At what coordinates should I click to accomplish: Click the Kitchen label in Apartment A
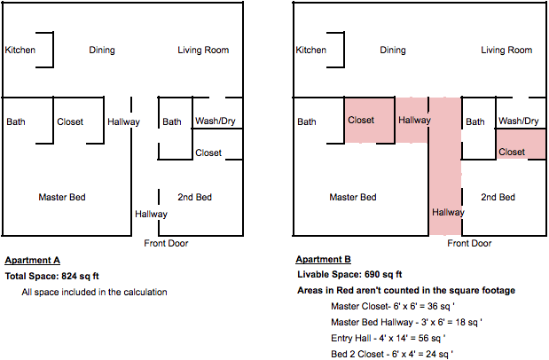pyautogui.click(x=20, y=51)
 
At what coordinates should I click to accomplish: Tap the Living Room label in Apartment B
pyautogui.click(x=506, y=51)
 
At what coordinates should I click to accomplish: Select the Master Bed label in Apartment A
pyautogui.click(x=62, y=197)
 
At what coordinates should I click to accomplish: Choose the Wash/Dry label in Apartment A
pyautogui.click(x=216, y=121)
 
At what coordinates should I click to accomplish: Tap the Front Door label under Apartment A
pyautogui.click(x=166, y=243)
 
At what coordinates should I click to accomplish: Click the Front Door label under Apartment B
pyautogui.click(x=469, y=243)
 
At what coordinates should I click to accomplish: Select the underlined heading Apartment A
pyautogui.click(x=32, y=261)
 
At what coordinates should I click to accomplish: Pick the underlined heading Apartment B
pyautogui.click(x=323, y=261)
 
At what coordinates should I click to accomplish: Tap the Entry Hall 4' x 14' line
pyautogui.click(x=388, y=338)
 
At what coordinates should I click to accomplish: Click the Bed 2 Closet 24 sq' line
pyautogui.click(x=391, y=354)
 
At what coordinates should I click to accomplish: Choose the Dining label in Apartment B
pyautogui.click(x=393, y=51)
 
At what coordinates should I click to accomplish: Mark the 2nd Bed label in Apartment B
pyautogui.click(x=498, y=197)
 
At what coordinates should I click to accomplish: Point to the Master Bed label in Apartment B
pyautogui.click(x=353, y=197)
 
